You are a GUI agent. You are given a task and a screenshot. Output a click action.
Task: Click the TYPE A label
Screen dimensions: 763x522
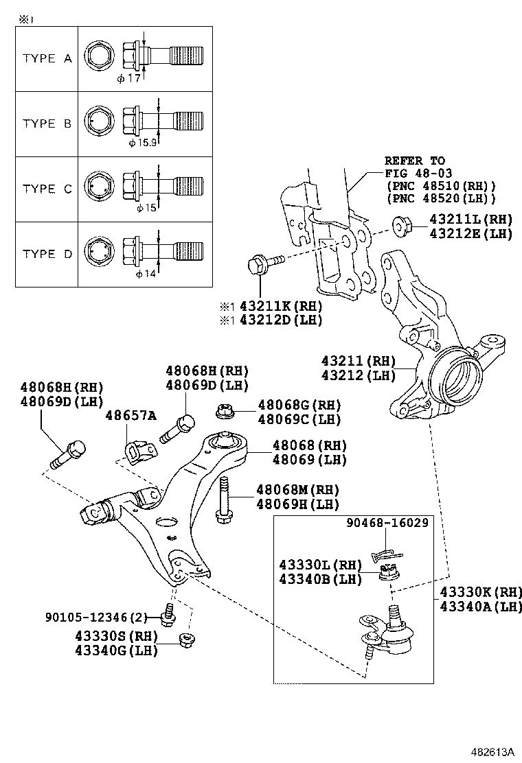47,58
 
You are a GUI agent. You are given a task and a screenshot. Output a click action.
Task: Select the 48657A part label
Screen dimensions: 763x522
131,415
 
